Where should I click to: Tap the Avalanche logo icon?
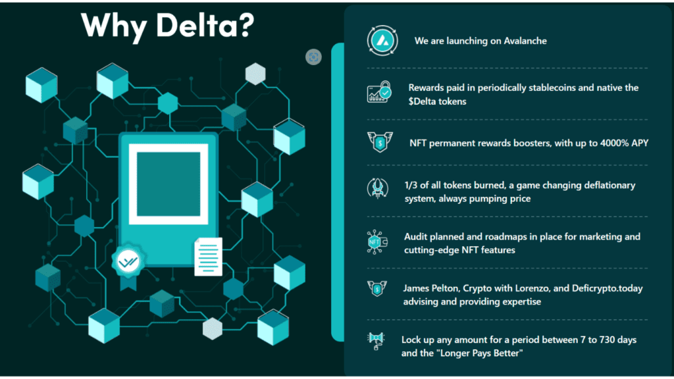[x=379, y=41]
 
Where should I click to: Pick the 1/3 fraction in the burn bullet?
[x=411, y=186]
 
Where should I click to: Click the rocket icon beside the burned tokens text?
[x=377, y=189]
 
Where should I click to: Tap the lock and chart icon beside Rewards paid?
[x=378, y=93]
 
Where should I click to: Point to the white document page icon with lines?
[x=208, y=257]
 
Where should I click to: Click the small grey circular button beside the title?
[x=313, y=57]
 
